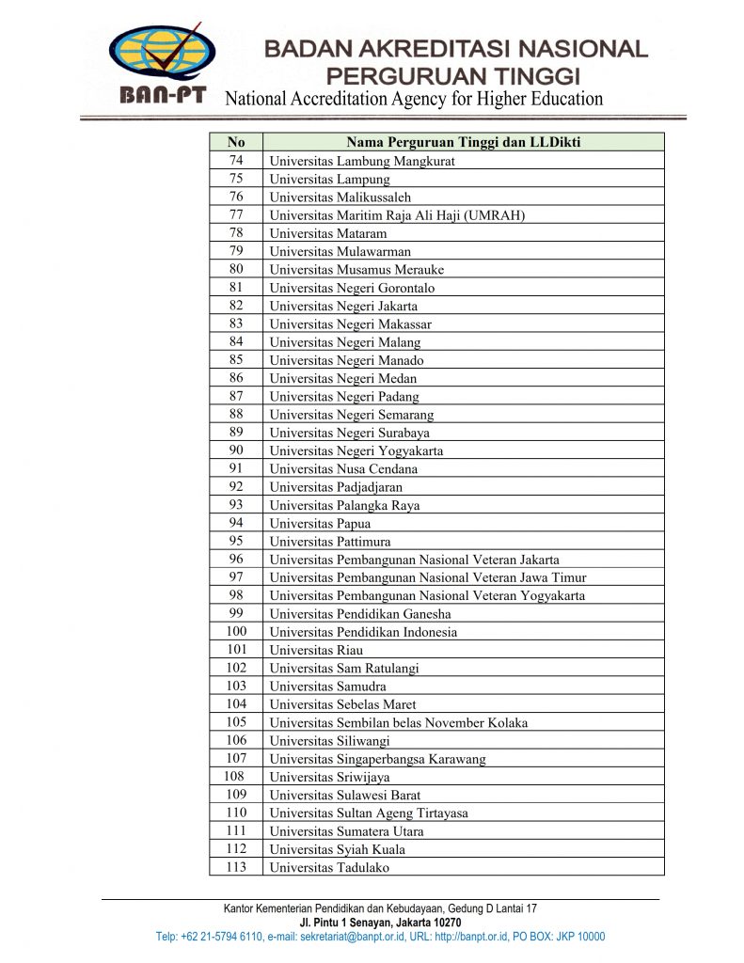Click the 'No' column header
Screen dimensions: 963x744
236,142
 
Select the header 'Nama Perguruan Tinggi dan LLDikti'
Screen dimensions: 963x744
463,142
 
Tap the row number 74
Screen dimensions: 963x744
236,161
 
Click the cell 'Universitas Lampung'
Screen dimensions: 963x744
329,179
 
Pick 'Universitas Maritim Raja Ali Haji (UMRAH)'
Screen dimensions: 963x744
397,215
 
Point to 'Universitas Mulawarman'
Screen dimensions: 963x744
340,251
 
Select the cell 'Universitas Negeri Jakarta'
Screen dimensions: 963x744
343,306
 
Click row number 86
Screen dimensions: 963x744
236,378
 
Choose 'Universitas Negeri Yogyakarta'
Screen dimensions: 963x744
356,450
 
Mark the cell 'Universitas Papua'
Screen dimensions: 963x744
320,523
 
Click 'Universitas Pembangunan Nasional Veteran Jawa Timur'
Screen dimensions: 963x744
428,577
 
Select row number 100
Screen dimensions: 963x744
236,632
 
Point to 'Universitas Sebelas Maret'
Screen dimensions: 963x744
342,704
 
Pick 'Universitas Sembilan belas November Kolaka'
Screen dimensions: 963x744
398,722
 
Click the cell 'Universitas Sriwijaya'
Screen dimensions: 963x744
329,777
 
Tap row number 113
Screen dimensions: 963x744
236,867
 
